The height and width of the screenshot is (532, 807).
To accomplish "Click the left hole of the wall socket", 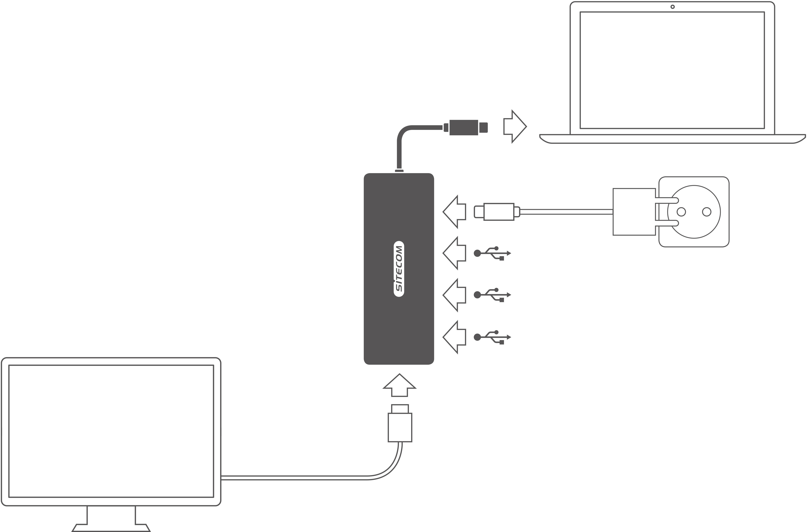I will tap(681, 212).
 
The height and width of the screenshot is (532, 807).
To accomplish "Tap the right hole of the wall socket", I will tap(706, 212).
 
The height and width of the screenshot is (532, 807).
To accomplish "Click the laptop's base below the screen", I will tap(672, 139).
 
